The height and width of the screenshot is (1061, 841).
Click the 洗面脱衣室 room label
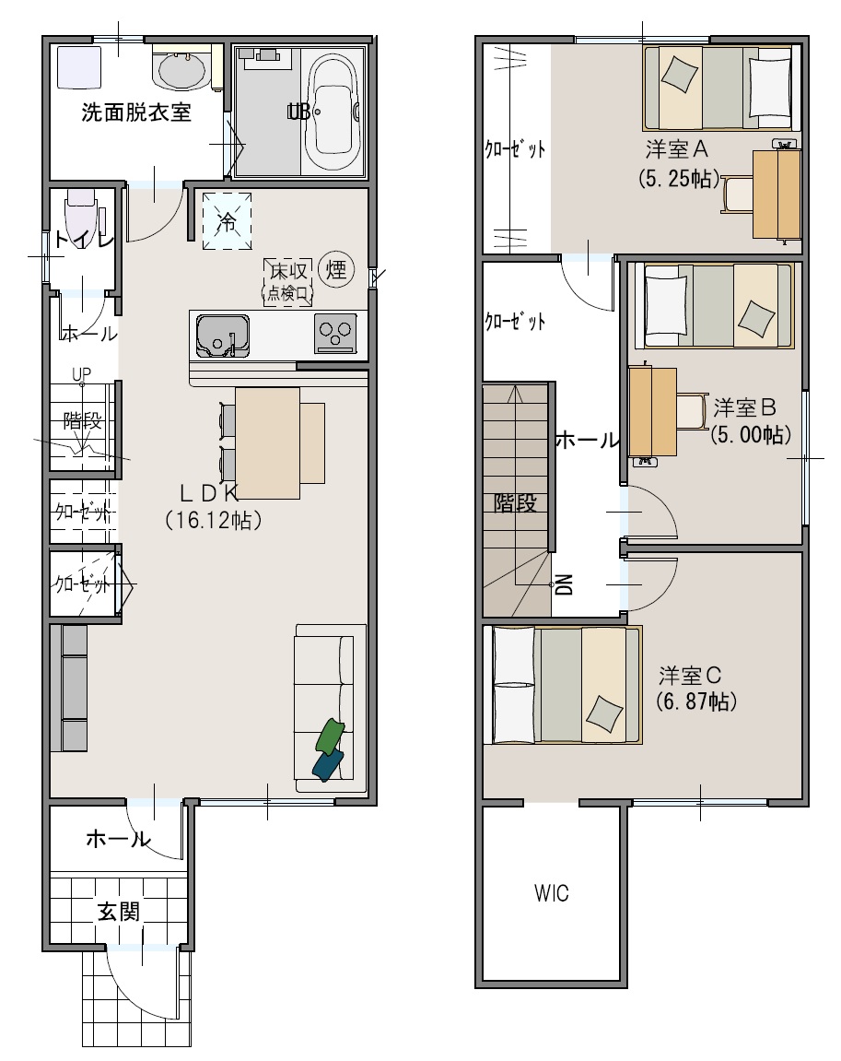[136, 112]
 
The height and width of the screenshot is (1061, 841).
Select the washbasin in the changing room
[180, 70]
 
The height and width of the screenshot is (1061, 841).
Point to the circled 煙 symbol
[336, 269]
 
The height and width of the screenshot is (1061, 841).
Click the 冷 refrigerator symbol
[228, 220]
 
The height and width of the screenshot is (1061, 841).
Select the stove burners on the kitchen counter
[335, 335]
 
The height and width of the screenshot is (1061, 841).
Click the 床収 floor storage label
[288, 271]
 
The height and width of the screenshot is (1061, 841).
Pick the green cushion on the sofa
[330, 736]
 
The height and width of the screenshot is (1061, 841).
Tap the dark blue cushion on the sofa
[328, 765]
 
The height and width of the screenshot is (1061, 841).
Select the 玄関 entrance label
[119, 912]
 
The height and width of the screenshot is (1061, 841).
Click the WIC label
[552, 893]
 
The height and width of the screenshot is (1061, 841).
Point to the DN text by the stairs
[564, 584]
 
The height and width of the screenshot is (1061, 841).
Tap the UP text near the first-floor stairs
[81, 374]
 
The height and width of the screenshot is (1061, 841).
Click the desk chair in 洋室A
[738, 195]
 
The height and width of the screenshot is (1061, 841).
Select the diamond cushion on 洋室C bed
[604, 713]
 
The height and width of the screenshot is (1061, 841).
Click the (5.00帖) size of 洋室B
[751, 434]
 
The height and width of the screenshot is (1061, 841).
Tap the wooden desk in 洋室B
[653, 411]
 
